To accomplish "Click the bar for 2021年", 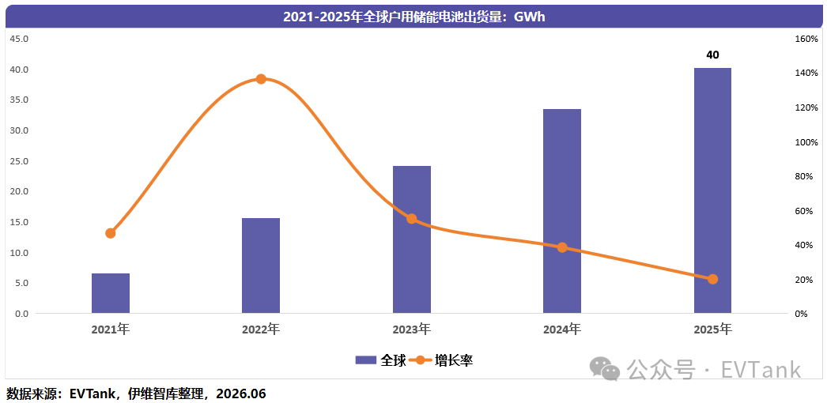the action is (x=110, y=293).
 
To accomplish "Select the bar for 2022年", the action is (x=261, y=266).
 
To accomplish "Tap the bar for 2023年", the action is (x=411, y=239).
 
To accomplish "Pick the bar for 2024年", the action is (x=561, y=211).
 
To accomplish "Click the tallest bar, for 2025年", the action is (x=712, y=190).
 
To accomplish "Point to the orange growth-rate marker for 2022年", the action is (x=261, y=79).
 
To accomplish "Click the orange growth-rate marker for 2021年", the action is (x=110, y=233).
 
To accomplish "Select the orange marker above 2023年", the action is (x=411, y=219).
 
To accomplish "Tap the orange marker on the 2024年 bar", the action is (x=562, y=247).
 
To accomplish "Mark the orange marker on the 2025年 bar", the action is (x=712, y=279).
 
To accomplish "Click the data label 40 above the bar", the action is (x=712, y=55).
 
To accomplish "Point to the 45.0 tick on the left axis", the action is (x=20, y=39).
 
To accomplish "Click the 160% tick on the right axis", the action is (x=806, y=39).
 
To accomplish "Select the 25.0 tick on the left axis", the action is (x=20, y=160).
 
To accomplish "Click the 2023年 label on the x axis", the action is (x=411, y=330).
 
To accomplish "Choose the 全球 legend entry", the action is (x=381, y=360).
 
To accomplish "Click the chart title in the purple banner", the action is (x=413, y=17).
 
